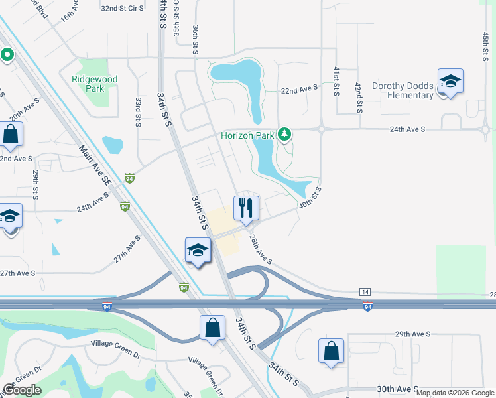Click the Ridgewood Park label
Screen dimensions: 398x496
click(x=95, y=84)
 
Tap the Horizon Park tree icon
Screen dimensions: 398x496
click(x=284, y=135)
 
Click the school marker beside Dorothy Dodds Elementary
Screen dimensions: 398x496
click(x=450, y=82)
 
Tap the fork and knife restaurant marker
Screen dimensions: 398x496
click(x=246, y=208)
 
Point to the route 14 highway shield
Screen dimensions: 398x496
click(x=364, y=292)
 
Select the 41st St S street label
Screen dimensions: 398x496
click(x=337, y=80)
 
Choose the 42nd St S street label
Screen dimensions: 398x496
click(x=358, y=97)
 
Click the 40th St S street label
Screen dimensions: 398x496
click(x=310, y=197)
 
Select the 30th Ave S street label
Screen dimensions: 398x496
click(x=397, y=389)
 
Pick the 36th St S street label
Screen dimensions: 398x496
click(x=196, y=40)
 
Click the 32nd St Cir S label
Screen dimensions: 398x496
click(x=123, y=9)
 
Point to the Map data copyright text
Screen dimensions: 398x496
click(x=455, y=393)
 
